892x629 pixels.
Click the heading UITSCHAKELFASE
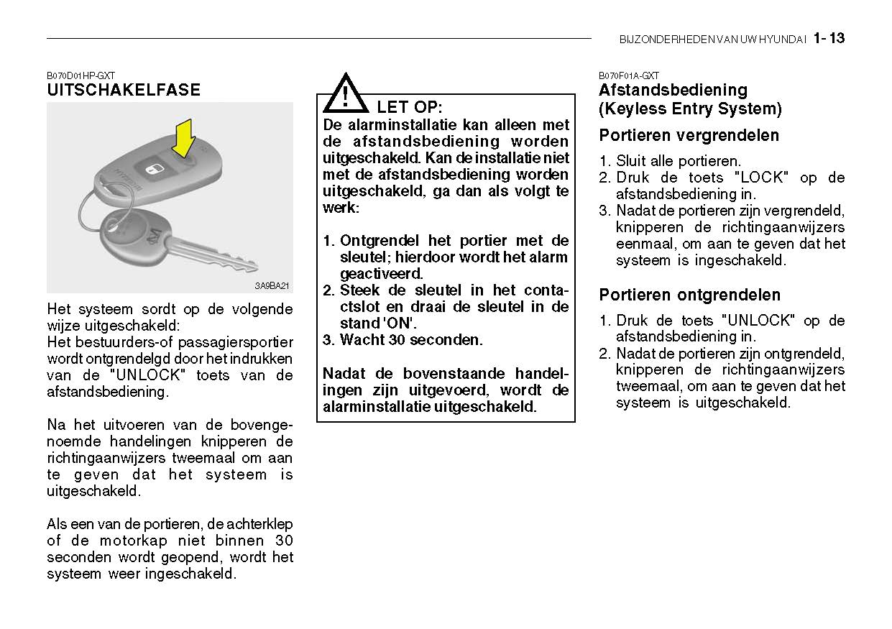point(124,91)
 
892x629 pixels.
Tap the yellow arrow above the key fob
point(184,138)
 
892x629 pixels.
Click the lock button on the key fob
point(153,169)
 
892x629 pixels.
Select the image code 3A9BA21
point(272,286)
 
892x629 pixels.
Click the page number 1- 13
point(829,39)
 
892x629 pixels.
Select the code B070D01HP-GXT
point(81,75)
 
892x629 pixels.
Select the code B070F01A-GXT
point(629,75)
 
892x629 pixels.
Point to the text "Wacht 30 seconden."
point(411,340)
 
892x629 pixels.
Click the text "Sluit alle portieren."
point(678,161)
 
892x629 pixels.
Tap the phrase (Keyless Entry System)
point(690,109)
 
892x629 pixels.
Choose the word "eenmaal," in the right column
point(645,244)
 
